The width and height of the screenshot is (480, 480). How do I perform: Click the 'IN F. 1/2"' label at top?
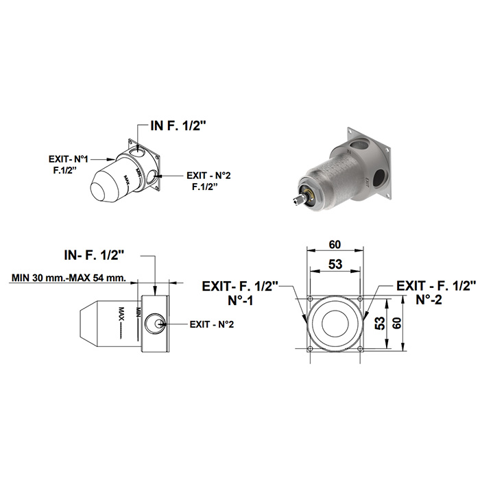(x=177, y=125)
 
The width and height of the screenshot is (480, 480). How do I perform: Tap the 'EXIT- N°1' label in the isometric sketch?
(x=69, y=159)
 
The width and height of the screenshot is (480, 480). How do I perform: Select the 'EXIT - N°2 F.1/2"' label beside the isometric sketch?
(x=208, y=181)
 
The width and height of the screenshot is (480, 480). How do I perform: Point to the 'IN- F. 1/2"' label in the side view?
(x=95, y=255)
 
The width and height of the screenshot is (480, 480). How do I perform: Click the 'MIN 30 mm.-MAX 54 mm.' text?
(x=69, y=278)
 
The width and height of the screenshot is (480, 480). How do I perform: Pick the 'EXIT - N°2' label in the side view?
(x=212, y=324)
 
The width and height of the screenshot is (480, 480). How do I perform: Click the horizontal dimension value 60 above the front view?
(x=335, y=245)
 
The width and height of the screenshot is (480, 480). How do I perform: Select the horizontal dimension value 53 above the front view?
(x=335, y=264)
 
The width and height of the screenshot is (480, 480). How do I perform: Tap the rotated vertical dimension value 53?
(x=380, y=323)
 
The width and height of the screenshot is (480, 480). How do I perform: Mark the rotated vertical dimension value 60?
(x=397, y=323)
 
